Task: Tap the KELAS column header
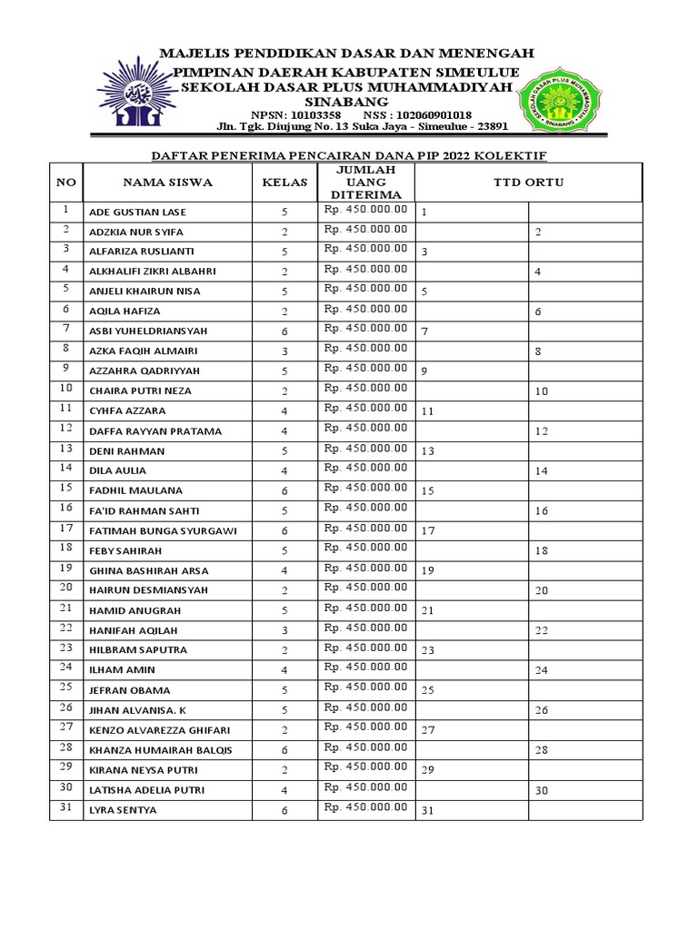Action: click(284, 182)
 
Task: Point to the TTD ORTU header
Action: click(528, 182)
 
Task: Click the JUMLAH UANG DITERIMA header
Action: click(364, 182)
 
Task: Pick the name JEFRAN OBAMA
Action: click(129, 690)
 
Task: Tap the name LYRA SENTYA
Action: click(123, 810)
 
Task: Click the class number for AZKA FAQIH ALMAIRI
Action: click(284, 351)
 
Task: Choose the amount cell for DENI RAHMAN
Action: click(364, 448)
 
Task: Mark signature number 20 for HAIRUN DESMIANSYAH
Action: click(541, 590)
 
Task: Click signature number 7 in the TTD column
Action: click(424, 331)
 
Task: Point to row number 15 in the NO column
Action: click(65, 489)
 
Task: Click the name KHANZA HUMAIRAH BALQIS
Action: click(160, 750)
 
